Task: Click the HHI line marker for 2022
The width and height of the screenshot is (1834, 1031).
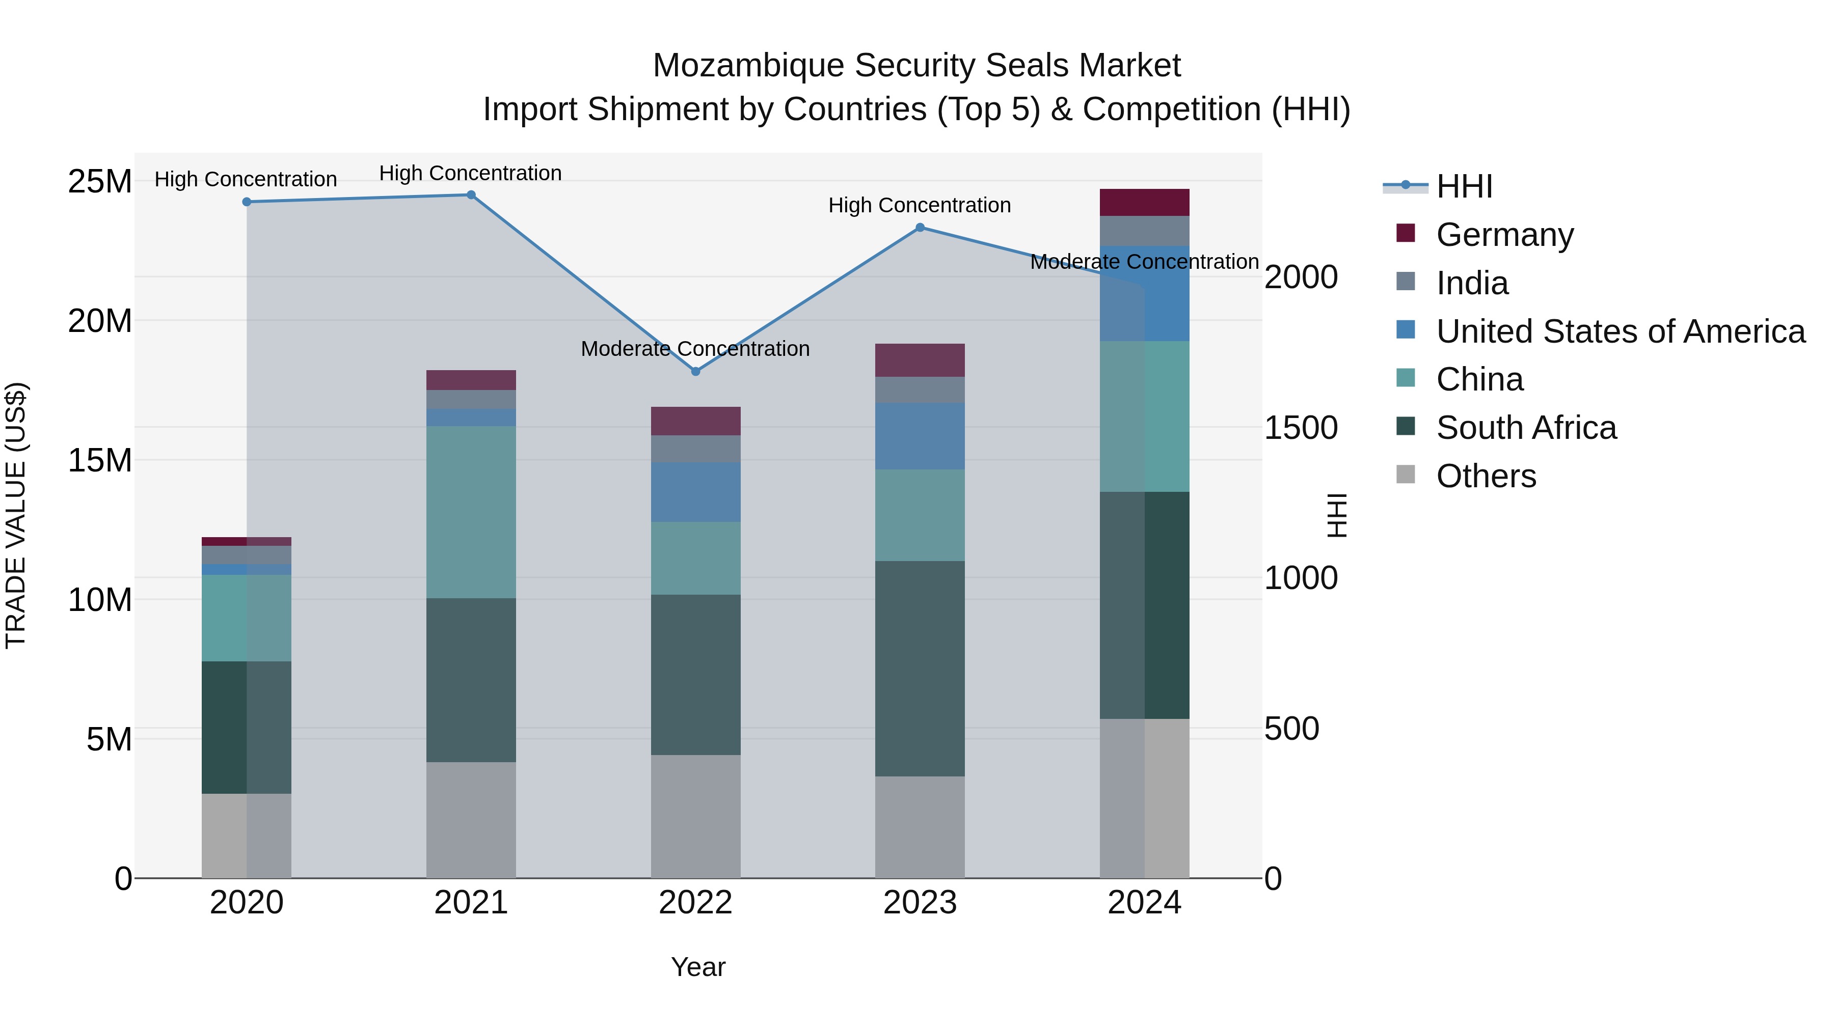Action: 695,372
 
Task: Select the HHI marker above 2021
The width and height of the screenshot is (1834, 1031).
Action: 471,195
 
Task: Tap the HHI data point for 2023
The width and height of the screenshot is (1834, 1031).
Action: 920,228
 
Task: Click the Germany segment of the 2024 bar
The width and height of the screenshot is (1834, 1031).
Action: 1144,203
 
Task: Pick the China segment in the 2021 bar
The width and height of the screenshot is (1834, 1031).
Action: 471,512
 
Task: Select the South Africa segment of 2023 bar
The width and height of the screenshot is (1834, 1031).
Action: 920,669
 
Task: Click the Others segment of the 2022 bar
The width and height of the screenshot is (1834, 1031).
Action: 695,816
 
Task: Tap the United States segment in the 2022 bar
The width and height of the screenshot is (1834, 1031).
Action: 695,492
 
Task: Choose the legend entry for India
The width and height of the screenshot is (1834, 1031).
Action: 1472,283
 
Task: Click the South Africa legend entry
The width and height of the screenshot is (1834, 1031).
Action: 1526,428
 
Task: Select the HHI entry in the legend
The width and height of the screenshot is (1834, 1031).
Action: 1464,186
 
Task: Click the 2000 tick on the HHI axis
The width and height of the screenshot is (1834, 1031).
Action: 1301,277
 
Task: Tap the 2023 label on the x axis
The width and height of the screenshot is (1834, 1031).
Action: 920,903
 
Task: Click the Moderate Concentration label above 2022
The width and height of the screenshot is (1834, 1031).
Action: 695,349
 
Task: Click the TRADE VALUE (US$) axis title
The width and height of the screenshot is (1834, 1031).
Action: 16,515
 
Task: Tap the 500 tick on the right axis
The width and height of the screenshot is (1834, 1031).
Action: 1291,729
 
